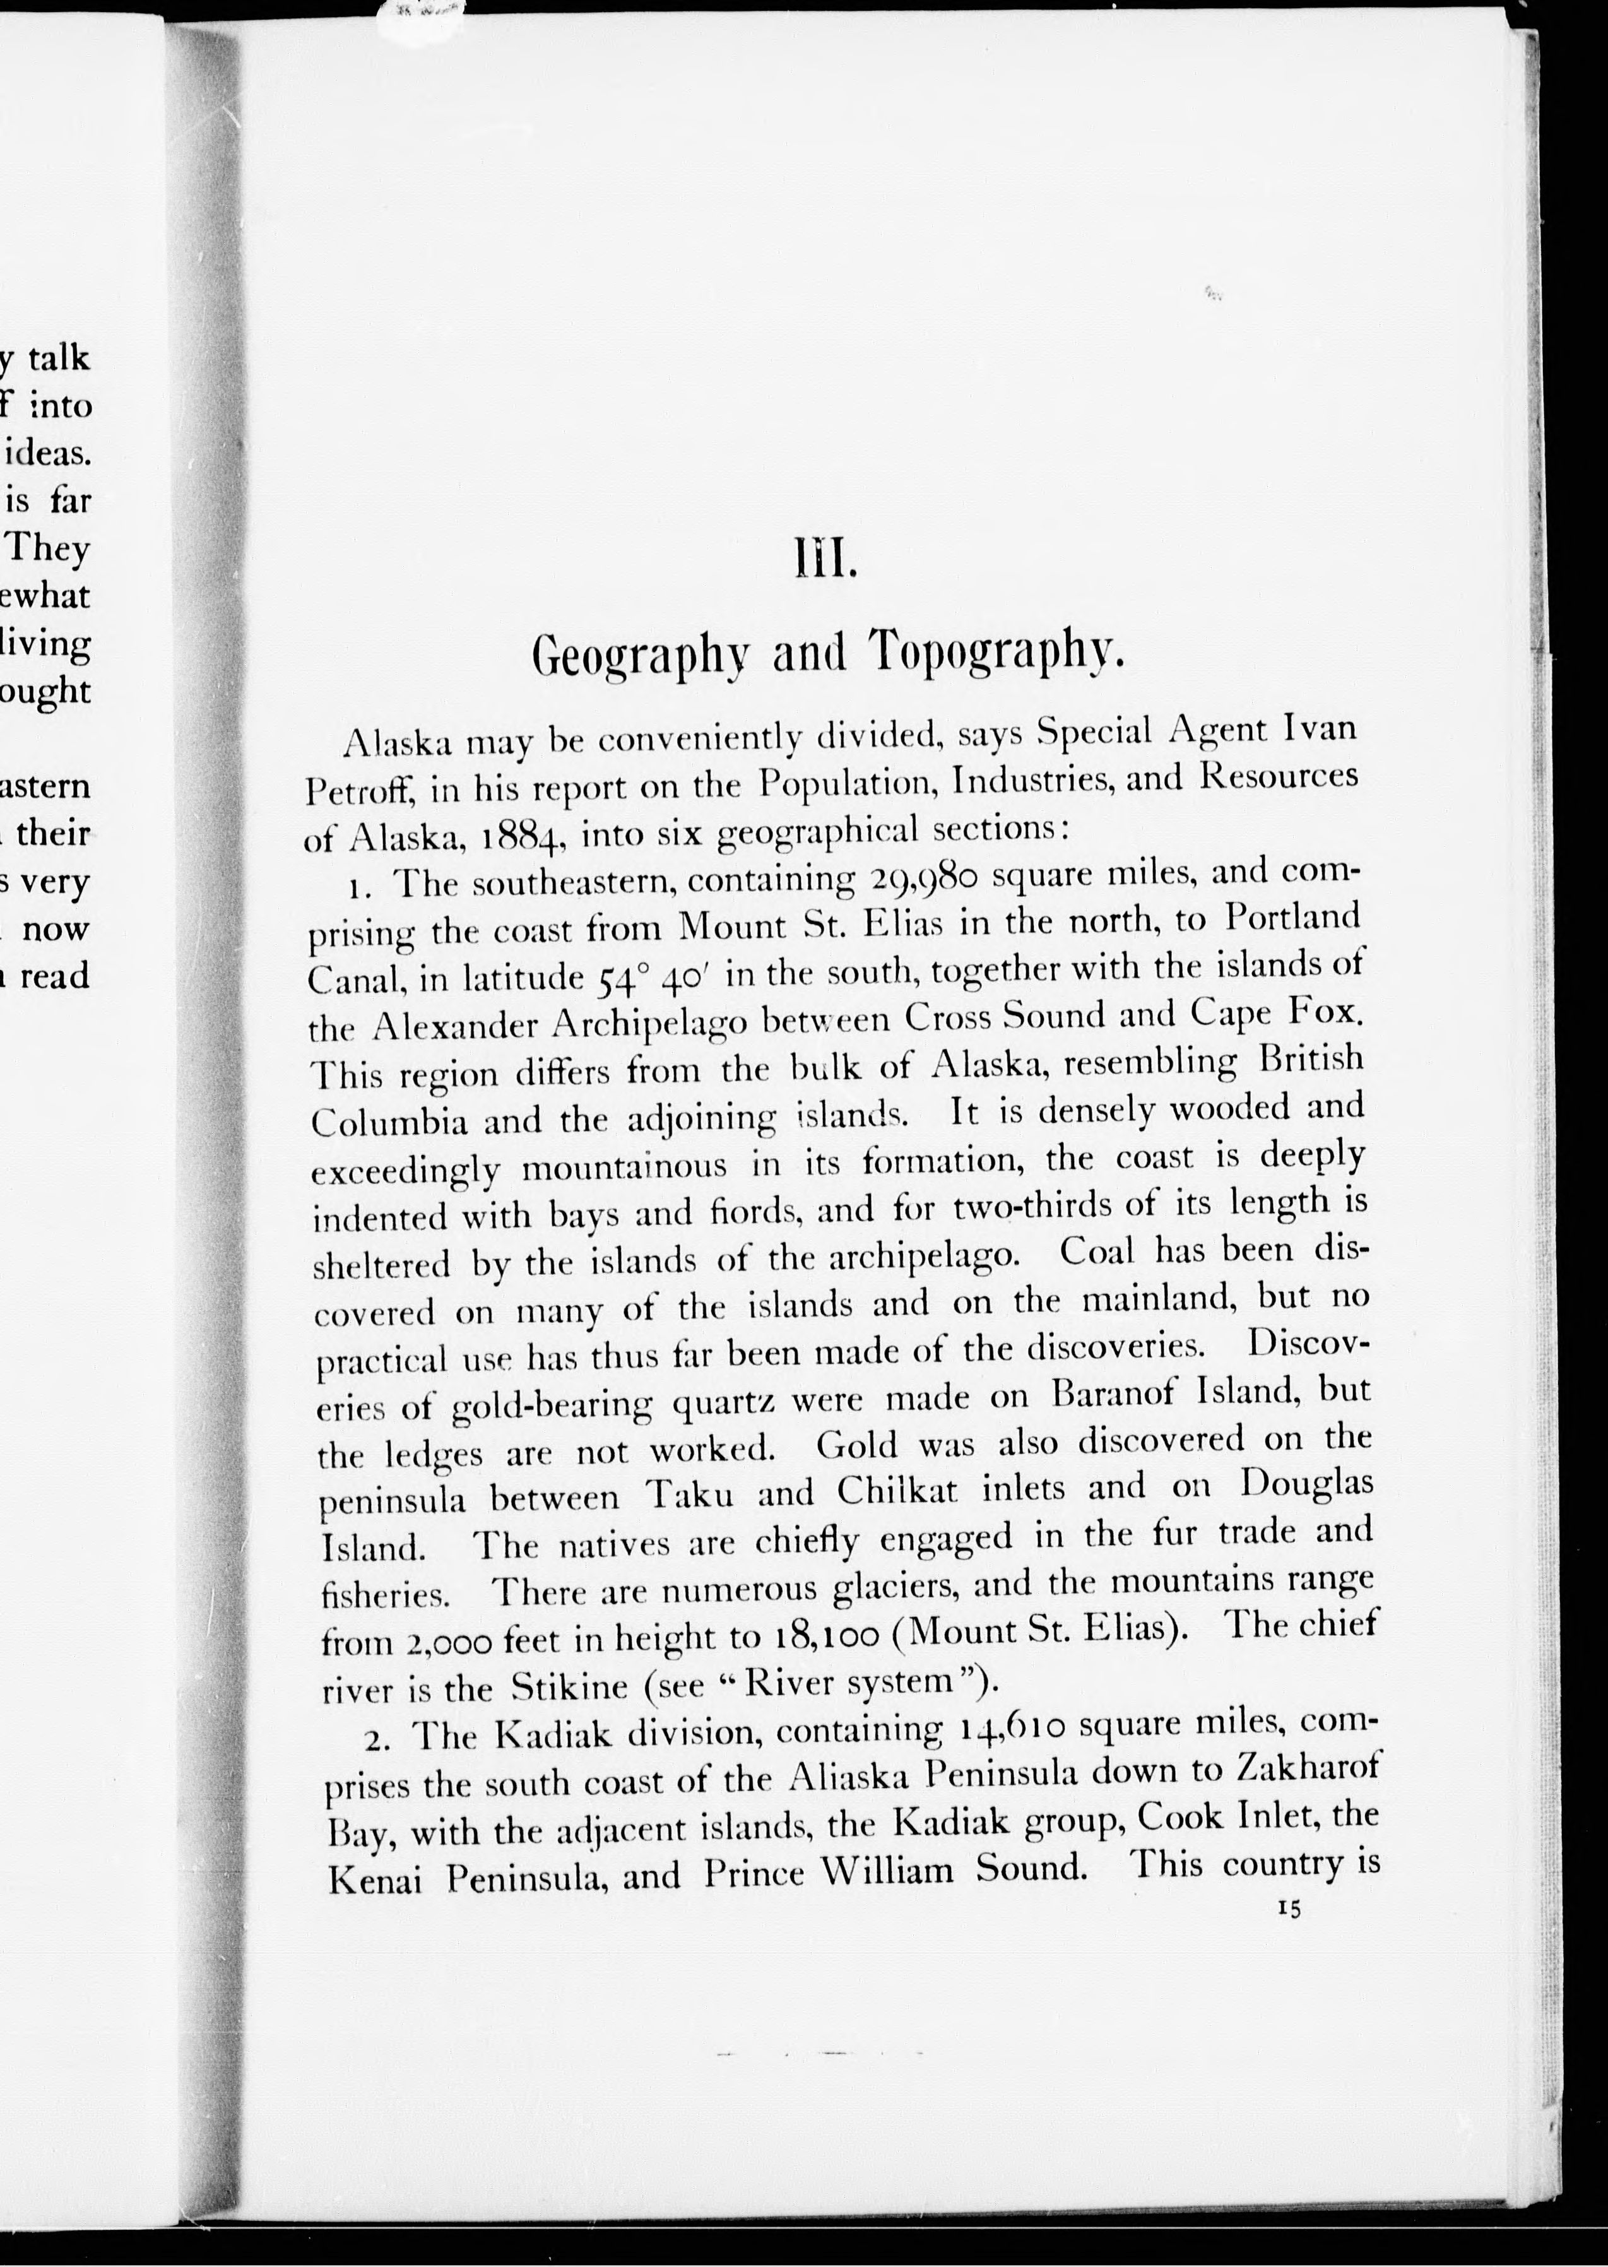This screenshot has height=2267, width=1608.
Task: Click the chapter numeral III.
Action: click(x=822, y=564)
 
